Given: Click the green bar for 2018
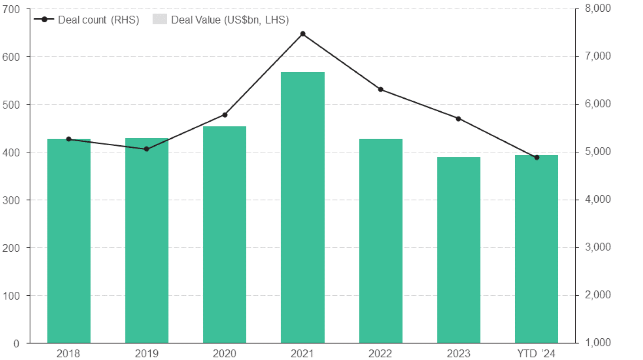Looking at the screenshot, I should pos(69,241).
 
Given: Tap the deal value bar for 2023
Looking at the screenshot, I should pos(458,250).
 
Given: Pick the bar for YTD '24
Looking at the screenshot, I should pos(536,249).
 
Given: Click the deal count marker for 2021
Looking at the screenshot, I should pos(303,34).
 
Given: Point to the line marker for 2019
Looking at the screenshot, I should pos(146,149).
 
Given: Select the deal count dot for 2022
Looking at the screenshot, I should pos(381,90).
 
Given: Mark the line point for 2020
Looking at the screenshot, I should pos(225,115).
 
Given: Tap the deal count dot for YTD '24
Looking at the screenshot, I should pos(537,157).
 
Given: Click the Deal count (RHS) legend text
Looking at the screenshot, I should pos(98,20).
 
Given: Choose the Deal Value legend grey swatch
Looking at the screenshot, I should pos(159,20).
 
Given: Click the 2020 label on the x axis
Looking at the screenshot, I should pos(224,353).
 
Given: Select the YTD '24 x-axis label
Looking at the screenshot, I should pos(536,353).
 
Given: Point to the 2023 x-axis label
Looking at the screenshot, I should pos(458,353).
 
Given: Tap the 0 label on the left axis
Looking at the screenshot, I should pos(16,343).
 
